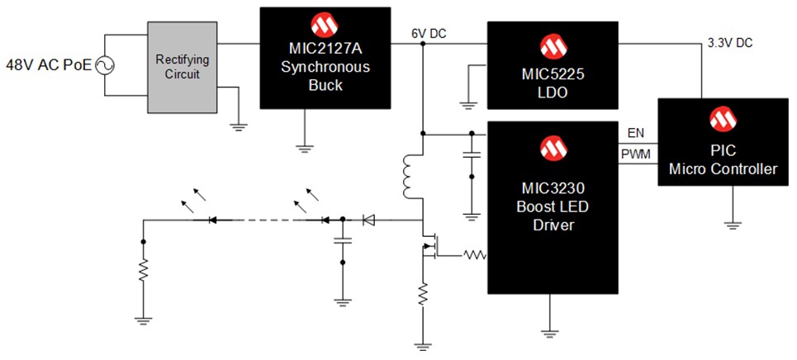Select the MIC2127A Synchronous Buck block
coord(325,58)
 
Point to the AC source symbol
coord(107,64)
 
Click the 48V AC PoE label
coord(48,64)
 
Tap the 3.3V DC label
coord(729,42)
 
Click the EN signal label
coord(637,133)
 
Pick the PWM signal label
coord(637,154)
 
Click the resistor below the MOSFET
coord(423,292)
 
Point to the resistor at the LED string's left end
coord(143,271)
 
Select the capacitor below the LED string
coord(342,240)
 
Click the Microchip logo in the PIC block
coord(724,120)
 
